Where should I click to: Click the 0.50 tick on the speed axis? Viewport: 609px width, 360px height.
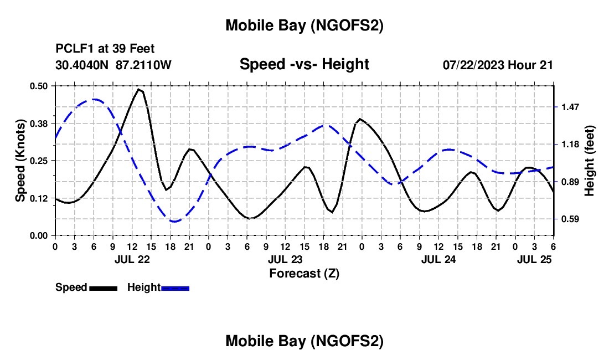(x=40, y=85)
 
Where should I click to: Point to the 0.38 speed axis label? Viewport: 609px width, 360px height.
(x=40, y=123)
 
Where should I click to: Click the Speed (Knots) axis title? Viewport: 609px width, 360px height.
(x=20, y=161)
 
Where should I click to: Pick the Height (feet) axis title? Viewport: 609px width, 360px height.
(x=589, y=160)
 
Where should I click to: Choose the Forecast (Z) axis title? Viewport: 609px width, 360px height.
(x=304, y=273)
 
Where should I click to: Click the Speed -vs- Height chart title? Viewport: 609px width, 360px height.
(x=304, y=64)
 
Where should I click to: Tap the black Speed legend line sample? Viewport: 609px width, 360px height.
(x=102, y=288)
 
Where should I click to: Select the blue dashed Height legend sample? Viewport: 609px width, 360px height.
(x=176, y=288)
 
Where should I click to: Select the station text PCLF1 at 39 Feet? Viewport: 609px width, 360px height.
(x=105, y=49)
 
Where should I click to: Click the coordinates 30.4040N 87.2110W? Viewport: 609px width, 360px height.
(x=113, y=65)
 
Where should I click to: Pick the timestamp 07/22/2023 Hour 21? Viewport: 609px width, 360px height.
(x=498, y=65)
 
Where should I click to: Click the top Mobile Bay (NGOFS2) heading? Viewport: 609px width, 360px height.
(x=304, y=25)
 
